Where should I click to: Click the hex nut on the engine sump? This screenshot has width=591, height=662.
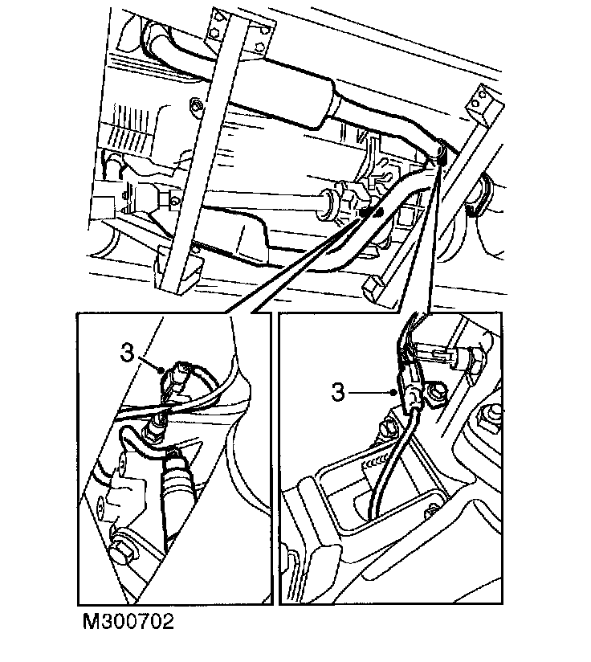[195, 105]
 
